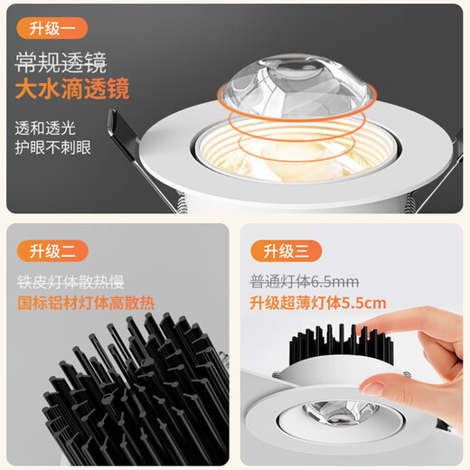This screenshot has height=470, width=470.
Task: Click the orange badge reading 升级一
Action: (52, 28)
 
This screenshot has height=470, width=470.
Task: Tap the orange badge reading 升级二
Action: (52, 250)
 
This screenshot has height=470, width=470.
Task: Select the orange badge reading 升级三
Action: (286, 250)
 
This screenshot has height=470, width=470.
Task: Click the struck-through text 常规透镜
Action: (61, 62)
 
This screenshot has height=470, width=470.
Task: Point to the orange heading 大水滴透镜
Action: (72, 89)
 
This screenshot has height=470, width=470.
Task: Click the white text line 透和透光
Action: (45, 128)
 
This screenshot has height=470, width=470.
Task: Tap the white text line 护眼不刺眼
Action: (53, 147)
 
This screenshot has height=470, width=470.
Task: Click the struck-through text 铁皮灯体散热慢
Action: (70, 282)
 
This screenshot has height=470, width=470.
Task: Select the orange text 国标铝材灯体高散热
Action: (86, 303)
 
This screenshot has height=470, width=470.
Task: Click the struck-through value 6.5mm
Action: (334, 282)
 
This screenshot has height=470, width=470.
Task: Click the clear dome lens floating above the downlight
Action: (296, 87)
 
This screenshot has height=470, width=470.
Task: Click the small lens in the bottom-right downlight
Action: (341, 411)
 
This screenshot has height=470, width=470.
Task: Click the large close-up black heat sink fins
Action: (136, 389)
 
